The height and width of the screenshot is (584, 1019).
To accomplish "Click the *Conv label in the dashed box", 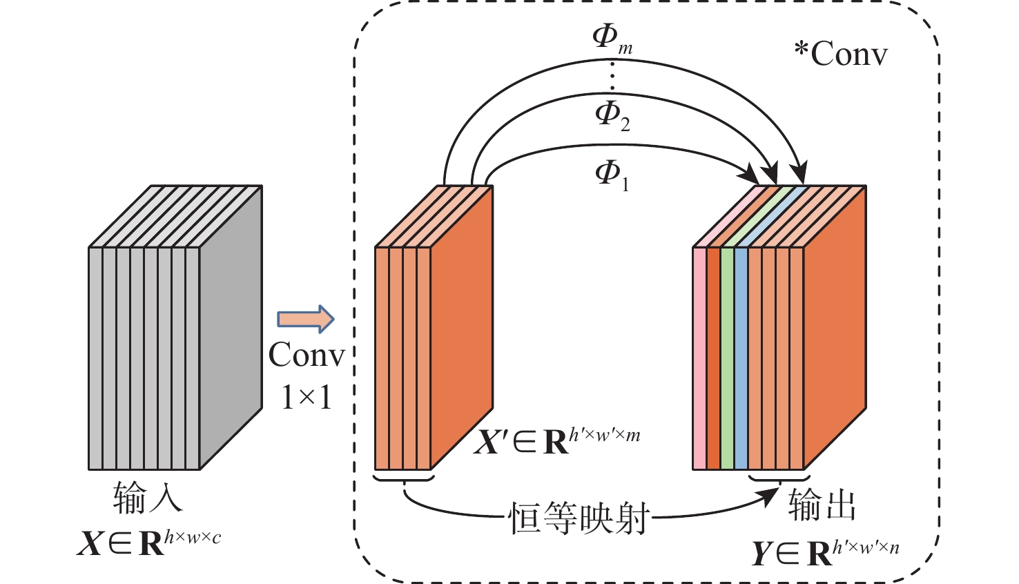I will coord(841,54).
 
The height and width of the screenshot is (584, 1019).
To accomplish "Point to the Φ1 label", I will coord(612,174).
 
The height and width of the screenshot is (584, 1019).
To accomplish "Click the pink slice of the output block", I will coord(699,358).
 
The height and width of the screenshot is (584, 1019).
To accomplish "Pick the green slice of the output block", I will coord(727,358).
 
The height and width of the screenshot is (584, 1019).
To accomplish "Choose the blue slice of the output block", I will coord(741,358).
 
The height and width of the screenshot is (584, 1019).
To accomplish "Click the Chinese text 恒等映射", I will coord(579,518).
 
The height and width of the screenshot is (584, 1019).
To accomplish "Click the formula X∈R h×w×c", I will coord(149,543).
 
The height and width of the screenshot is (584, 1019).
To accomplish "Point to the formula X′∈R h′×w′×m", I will coord(556,440).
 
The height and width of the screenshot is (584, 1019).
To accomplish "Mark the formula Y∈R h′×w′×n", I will coord(825,552).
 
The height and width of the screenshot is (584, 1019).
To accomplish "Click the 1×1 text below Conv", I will coord(307,398).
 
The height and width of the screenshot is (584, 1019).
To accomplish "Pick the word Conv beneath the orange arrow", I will coord(307,356).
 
